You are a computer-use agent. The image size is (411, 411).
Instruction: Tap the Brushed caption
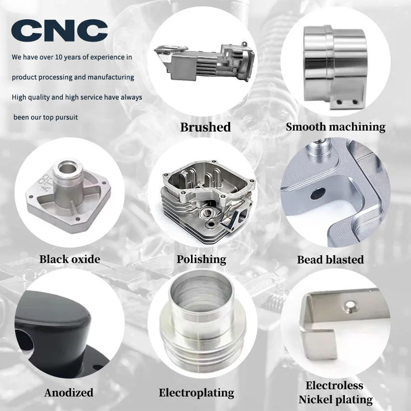(205, 127)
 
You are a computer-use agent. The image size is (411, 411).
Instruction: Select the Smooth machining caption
(335, 127)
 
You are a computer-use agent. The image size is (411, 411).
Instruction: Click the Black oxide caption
(70, 259)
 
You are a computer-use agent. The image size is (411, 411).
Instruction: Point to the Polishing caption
(201, 259)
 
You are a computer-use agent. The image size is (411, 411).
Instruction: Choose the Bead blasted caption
(330, 260)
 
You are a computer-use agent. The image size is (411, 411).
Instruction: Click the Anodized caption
(69, 393)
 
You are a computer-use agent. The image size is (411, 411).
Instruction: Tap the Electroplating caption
(196, 393)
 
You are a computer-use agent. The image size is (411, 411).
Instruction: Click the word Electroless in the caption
(334, 386)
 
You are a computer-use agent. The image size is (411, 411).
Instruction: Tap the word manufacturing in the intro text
(111, 77)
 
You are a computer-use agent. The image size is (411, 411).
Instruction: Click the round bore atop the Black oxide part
(65, 170)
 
